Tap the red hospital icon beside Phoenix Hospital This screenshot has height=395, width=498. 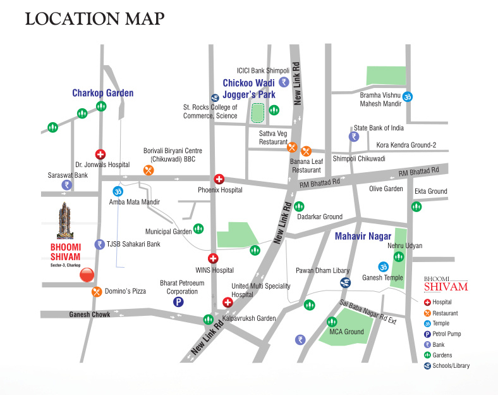(219, 179)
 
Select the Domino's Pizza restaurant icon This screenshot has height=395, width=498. (97, 292)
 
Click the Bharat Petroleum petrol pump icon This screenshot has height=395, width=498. (179, 302)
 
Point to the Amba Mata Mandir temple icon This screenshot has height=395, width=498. (118, 191)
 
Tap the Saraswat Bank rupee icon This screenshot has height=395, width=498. (66, 185)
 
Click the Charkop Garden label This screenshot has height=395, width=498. (102, 93)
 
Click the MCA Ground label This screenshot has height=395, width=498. (346, 332)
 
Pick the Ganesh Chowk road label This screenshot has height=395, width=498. (90, 315)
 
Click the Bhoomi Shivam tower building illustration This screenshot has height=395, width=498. (64, 219)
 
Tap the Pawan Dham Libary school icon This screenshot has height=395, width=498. (345, 282)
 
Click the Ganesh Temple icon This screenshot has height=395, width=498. (382, 266)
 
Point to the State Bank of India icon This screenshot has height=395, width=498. (354, 136)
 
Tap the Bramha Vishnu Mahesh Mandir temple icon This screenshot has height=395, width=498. (408, 96)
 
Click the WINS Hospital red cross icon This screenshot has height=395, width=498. (214, 258)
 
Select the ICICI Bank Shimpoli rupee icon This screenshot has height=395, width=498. (284, 82)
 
